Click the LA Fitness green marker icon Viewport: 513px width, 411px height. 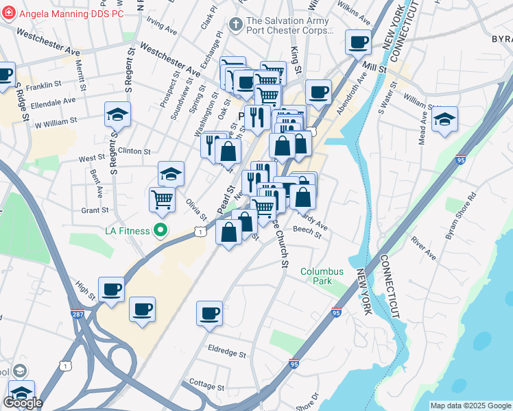(160, 230)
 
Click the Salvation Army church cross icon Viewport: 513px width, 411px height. (236, 25)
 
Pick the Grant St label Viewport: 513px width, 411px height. (95, 210)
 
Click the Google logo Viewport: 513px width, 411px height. (23, 403)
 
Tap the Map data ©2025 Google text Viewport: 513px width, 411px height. (470, 406)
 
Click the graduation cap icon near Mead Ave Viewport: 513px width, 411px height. (444, 119)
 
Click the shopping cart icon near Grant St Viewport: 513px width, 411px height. (162, 199)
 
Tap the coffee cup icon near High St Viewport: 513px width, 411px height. (111, 289)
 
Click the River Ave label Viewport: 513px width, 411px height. (425, 249)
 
